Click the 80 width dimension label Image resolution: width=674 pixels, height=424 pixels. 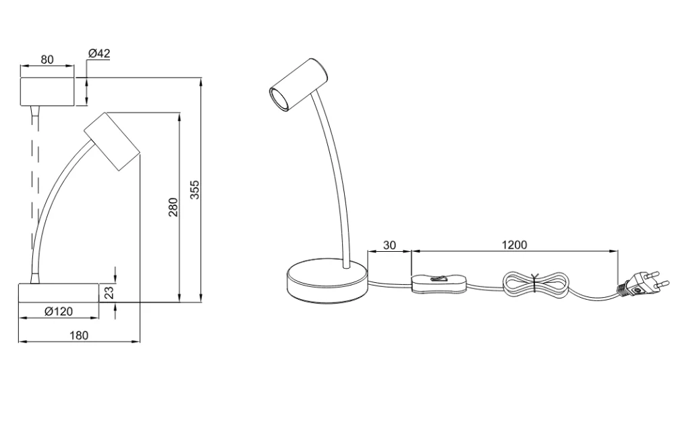47,59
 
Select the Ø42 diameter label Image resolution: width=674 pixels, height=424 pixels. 99,54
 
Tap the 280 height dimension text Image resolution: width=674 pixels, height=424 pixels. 173,207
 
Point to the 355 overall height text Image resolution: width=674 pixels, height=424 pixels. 195,190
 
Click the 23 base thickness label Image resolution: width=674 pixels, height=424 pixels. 109,292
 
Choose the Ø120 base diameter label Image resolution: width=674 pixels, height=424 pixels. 59,311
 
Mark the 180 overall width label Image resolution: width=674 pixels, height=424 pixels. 79,335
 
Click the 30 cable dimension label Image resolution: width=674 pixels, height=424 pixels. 389,245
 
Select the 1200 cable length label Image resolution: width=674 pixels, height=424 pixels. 514,244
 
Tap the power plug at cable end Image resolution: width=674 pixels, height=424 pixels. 642,284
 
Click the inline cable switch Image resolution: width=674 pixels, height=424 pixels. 440,284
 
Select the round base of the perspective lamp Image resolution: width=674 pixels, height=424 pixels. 327,280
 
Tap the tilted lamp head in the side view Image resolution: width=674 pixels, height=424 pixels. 113,141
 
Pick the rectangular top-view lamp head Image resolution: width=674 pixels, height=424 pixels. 47,91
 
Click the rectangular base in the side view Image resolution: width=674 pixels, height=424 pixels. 59,293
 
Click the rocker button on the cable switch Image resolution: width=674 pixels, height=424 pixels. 439,279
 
